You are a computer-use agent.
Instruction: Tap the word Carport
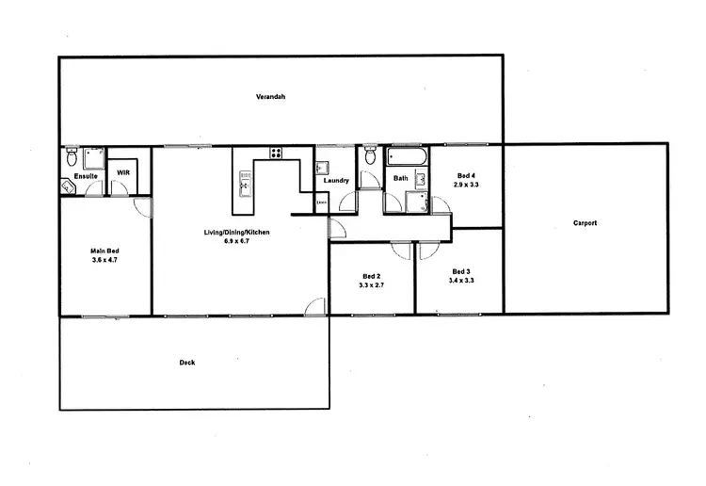[586, 223]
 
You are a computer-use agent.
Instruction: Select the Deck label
[188, 363]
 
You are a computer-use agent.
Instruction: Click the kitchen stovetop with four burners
[277, 154]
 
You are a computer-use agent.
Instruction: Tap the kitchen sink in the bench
[246, 180]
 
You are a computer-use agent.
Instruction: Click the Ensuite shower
[92, 157]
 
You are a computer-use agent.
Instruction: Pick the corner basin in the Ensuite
[68, 186]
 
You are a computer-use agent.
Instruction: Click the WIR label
[122, 173]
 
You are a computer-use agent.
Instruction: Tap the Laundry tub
[322, 167]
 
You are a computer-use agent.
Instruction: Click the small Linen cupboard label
[321, 202]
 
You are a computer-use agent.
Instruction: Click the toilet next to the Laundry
[370, 155]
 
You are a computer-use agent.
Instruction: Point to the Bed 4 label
[466, 175]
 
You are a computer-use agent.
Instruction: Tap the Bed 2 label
[371, 276]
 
